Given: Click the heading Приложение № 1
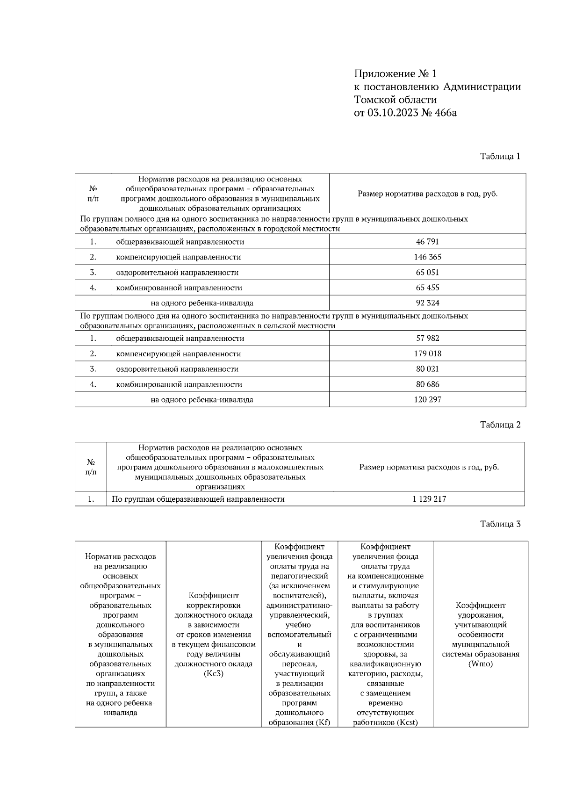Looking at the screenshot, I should tap(395, 74).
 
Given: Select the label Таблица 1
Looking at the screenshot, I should tap(500, 156).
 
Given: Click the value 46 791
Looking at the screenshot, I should tap(427, 242).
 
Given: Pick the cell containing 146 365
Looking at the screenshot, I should tap(427, 257).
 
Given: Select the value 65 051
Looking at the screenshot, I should tap(427, 273).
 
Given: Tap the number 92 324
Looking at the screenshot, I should tap(427, 303).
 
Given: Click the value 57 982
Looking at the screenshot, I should tap(427, 338).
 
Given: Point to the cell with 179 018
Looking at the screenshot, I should tap(427, 354).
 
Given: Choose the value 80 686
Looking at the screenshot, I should tap(427, 384).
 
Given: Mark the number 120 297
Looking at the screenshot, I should tap(427, 400).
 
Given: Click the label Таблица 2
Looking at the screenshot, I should tap(500, 425).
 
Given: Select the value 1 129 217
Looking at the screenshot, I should tap(429, 499).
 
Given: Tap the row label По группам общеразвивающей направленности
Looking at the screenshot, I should tap(198, 499).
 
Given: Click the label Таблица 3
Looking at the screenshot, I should tap(500, 524).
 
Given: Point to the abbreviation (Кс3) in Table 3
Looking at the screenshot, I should tap(214, 674).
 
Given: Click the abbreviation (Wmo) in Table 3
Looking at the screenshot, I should tap(480, 664).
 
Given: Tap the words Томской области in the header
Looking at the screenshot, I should tap(395, 100).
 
